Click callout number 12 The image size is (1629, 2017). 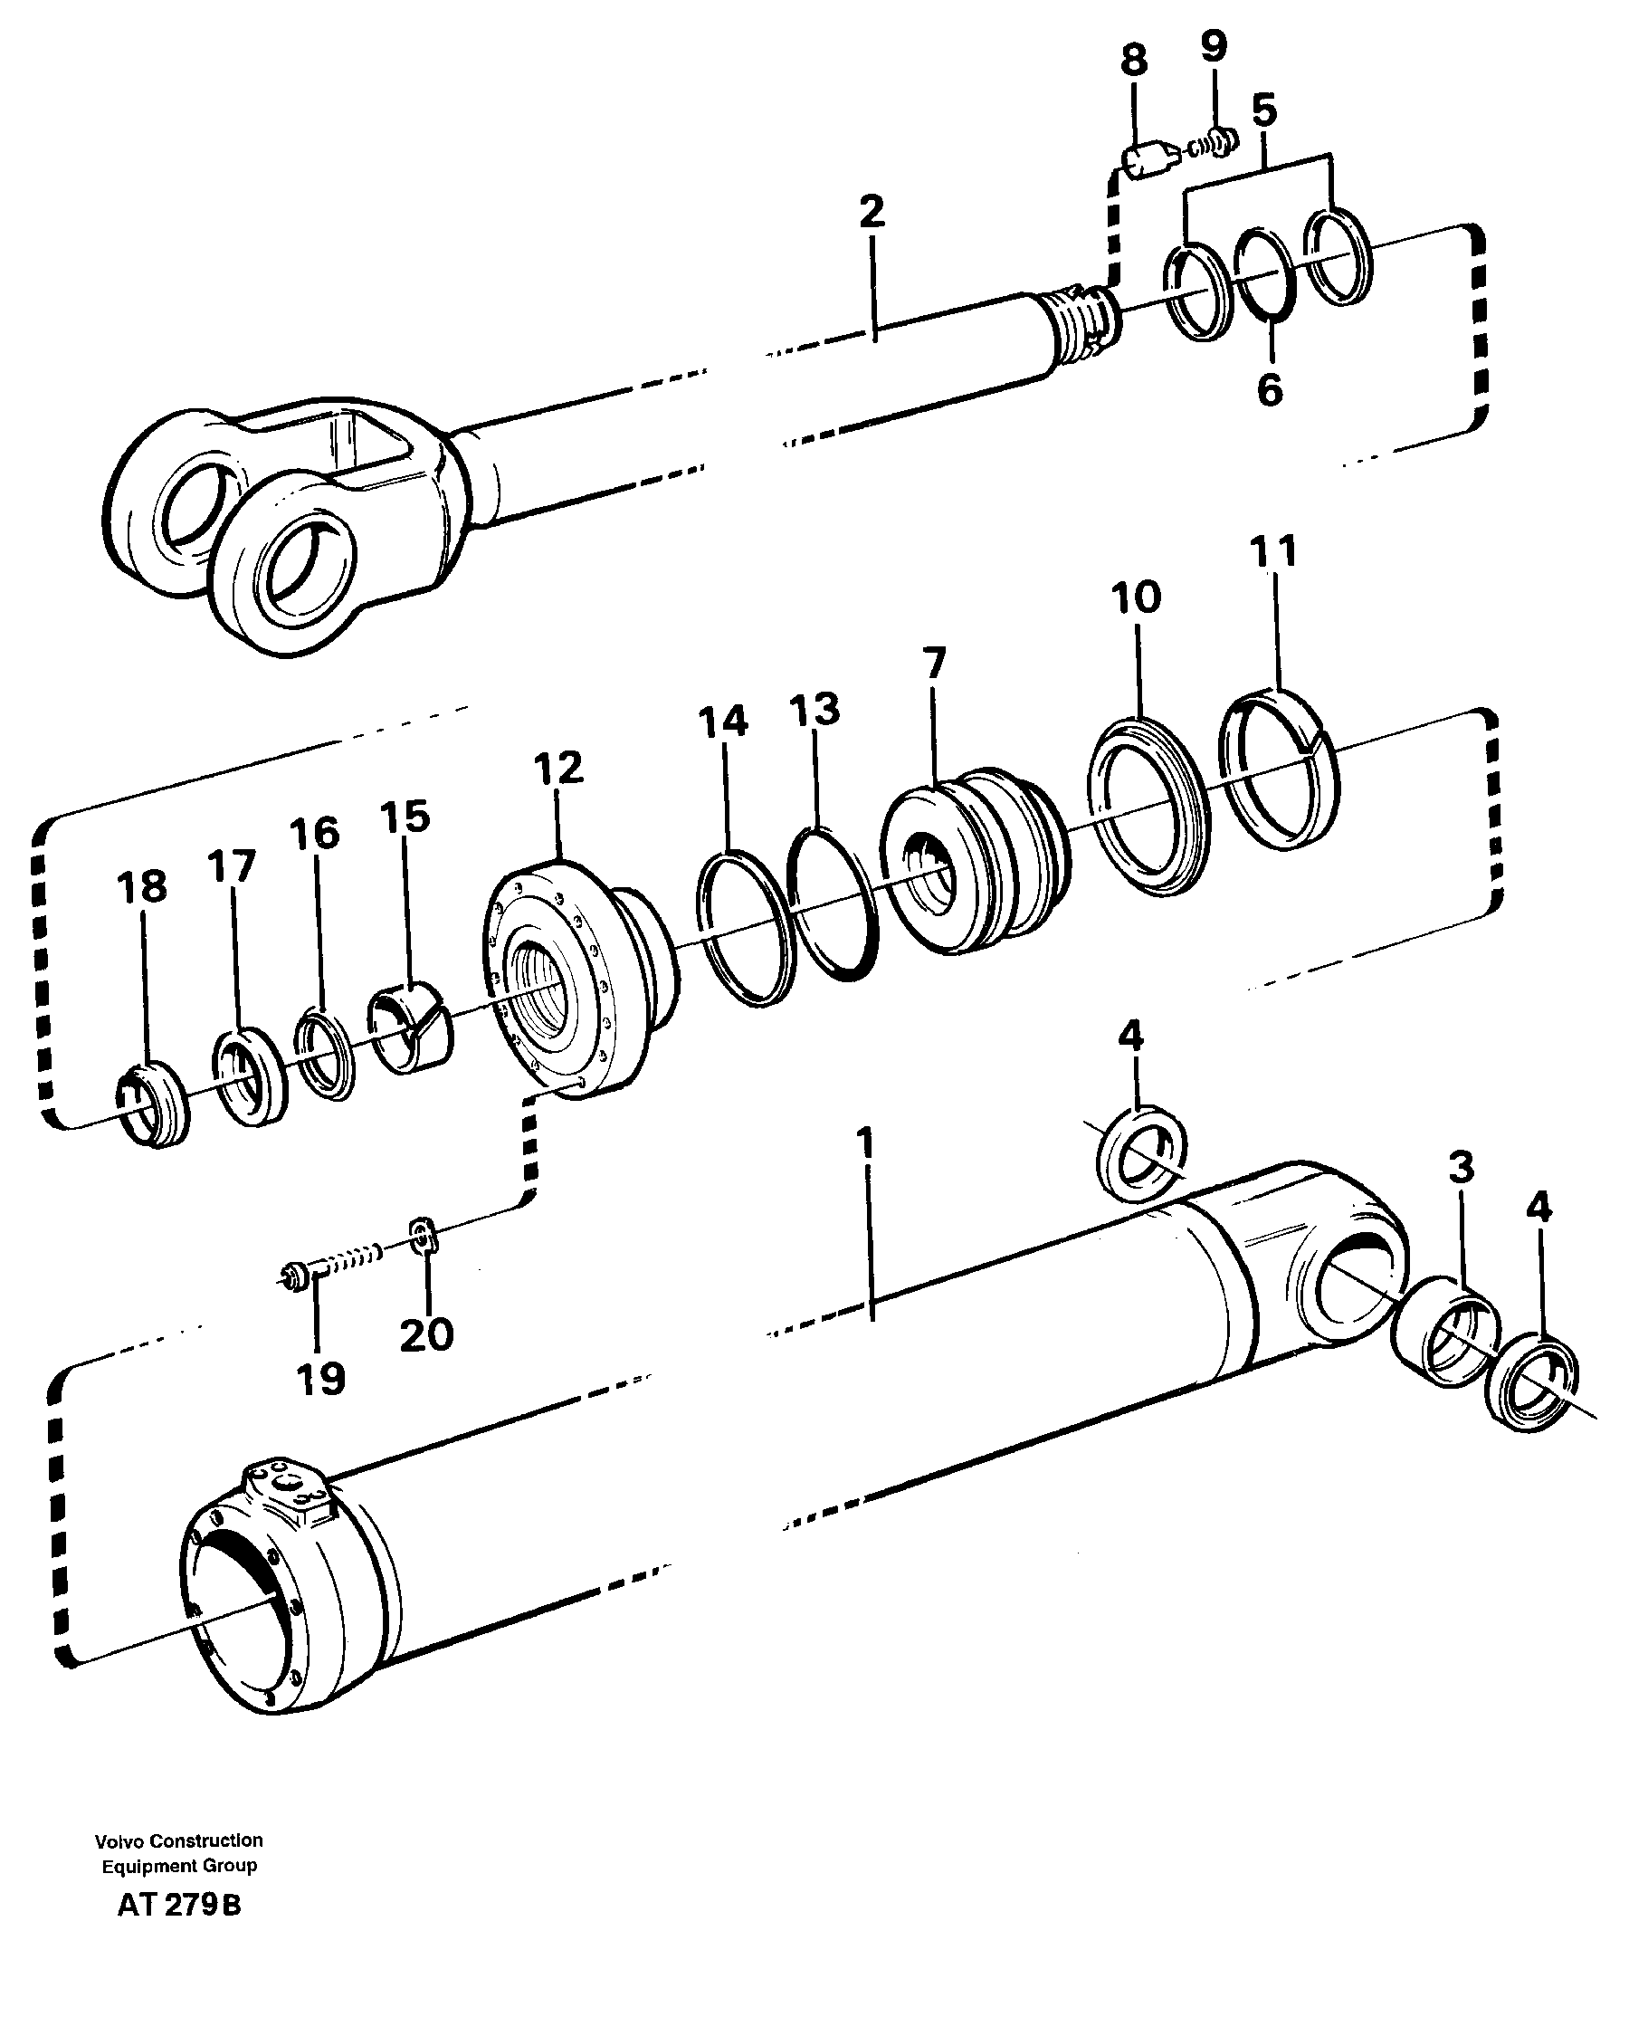click(x=558, y=769)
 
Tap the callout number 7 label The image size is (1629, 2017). click(x=934, y=664)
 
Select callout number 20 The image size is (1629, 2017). click(x=427, y=1335)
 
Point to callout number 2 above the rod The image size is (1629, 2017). click(x=872, y=212)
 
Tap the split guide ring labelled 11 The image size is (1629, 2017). click(x=1279, y=770)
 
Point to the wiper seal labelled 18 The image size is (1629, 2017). click(x=152, y=1104)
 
